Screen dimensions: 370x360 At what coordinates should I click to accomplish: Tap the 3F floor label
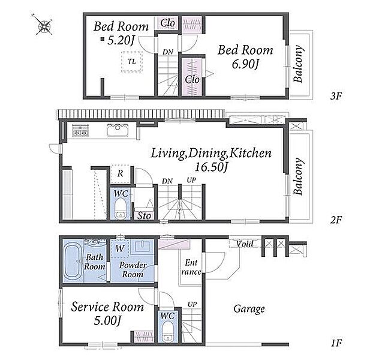click(336, 96)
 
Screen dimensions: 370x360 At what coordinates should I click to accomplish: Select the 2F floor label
click(336, 220)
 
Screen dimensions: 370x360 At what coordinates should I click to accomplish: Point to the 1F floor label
click(336, 343)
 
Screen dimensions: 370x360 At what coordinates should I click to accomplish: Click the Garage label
click(249, 309)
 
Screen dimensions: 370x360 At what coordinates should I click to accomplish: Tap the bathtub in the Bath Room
click(74, 261)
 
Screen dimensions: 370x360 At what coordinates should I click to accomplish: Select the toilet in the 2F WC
click(121, 208)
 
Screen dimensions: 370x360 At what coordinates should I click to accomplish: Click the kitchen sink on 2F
click(118, 130)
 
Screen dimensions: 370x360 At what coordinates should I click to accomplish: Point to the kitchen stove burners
click(80, 130)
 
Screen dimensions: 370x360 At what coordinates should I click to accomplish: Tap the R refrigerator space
click(120, 174)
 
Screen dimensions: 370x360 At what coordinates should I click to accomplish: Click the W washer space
click(120, 248)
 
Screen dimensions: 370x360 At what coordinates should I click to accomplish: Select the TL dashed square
click(132, 61)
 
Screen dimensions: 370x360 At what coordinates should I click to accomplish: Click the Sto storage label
click(144, 216)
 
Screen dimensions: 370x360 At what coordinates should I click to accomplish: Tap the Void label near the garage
click(245, 244)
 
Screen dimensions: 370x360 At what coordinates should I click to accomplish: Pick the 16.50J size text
click(211, 167)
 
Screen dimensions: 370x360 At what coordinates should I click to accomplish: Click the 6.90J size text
click(245, 64)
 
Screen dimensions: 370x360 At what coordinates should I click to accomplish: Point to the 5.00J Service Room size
click(107, 321)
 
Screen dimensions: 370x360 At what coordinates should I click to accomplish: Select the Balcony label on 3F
click(298, 64)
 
